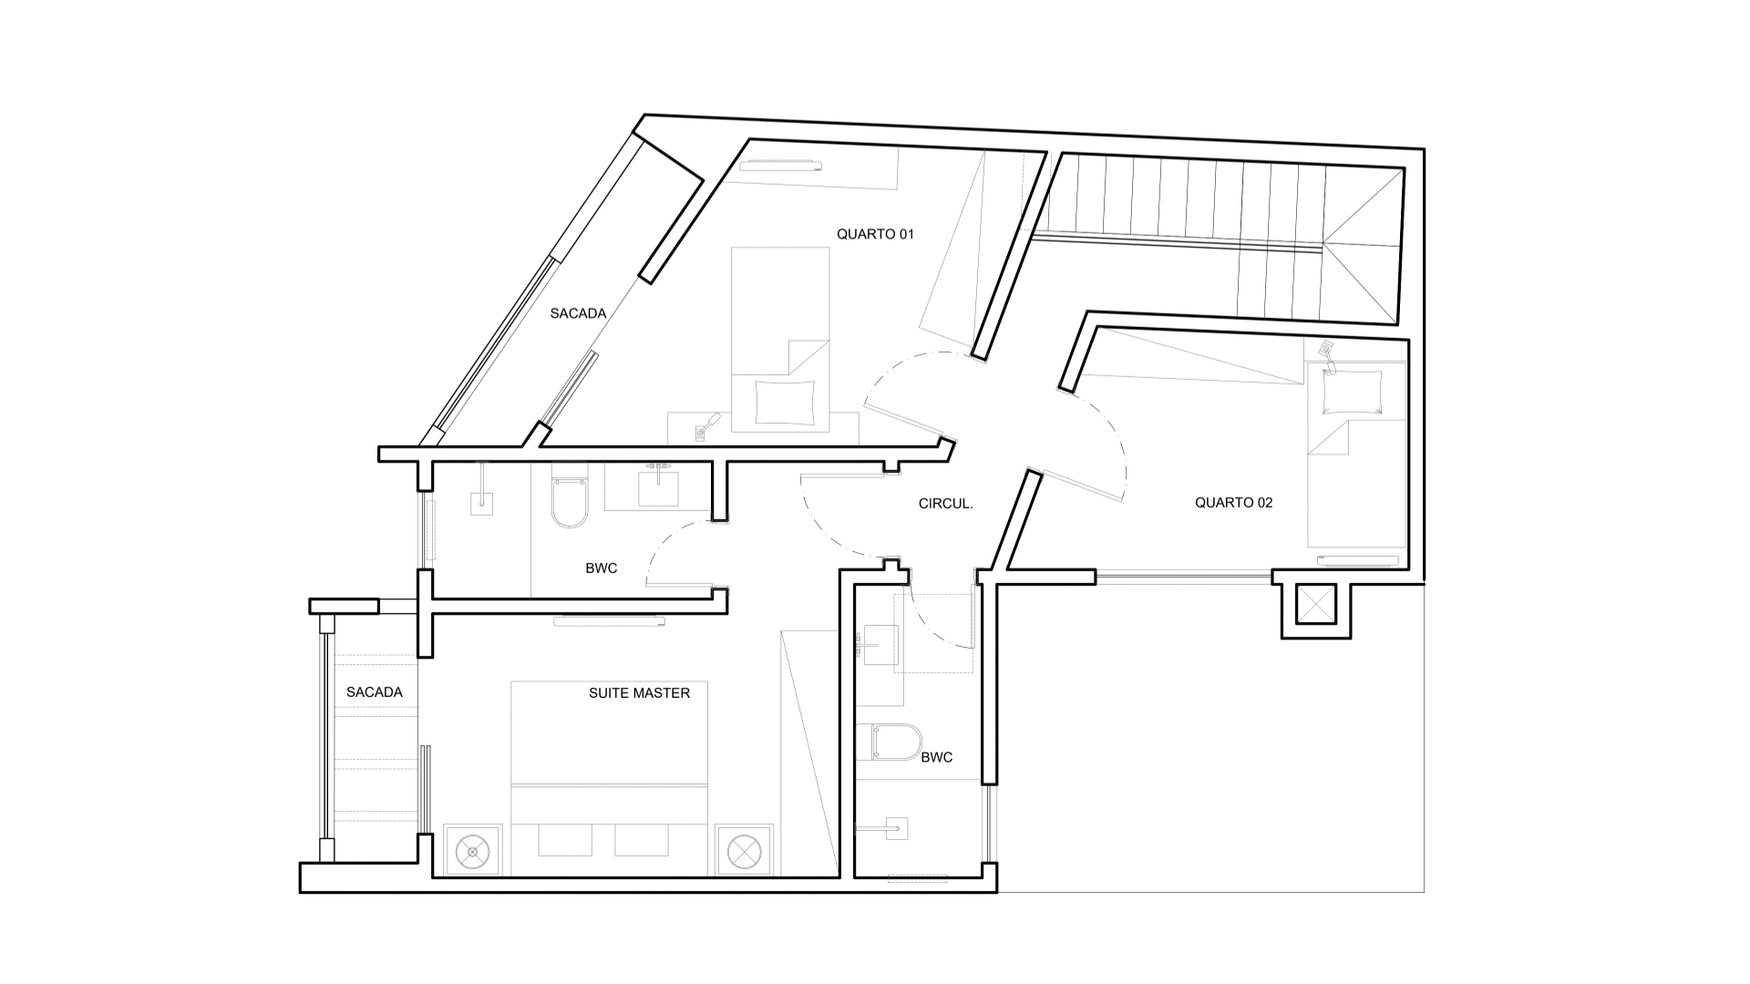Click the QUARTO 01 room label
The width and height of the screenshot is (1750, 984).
pyautogui.click(x=875, y=234)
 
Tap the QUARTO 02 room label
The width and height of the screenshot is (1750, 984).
pyautogui.click(x=1233, y=502)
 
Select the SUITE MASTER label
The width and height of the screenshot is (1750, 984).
pyautogui.click(x=639, y=692)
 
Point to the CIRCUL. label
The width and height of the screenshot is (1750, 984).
pyautogui.click(x=945, y=503)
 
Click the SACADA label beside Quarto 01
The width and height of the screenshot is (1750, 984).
pyautogui.click(x=578, y=313)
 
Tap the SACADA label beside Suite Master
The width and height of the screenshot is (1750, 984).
pyautogui.click(x=374, y=692)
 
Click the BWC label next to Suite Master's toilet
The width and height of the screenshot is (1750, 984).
pyautogui.click(x=936, y=757)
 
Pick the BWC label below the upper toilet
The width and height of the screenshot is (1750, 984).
pyautogui.click(x=601, y=569)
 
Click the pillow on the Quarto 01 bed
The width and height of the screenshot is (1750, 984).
pyautogui.click(x=785, y=402)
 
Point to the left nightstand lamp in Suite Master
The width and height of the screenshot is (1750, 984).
pyautogui.click(x=472, y=853)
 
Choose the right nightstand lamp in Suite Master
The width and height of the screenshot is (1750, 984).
pyautogui.click(x=744, y=853)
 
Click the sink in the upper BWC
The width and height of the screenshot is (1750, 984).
pyautogui.click(x=657, y=485)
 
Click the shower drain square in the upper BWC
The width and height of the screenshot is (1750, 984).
pyautogui.click(x=481, y=503)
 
